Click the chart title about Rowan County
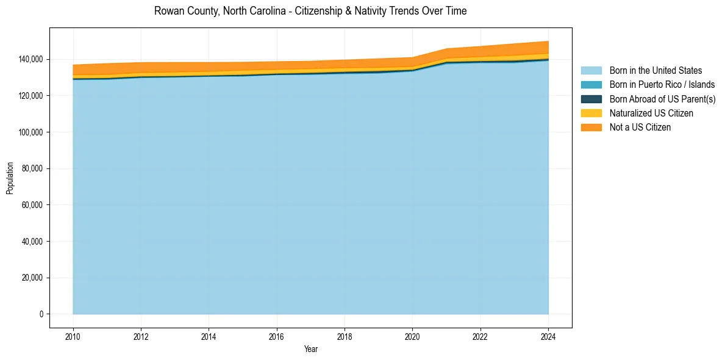pyautogui.click(x=310, y=11)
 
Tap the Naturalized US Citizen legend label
pyautogui.click(x=651, y=113)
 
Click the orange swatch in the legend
pyautogui.click(x=591, y=127)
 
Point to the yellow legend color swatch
pyautogui.click(x=591, y=113)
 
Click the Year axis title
pyautogui.click(x=310, y=349)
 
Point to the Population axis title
pyautogui.click(x=10, y=178)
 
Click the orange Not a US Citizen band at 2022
pyautogui.click(x=480, y=52)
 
